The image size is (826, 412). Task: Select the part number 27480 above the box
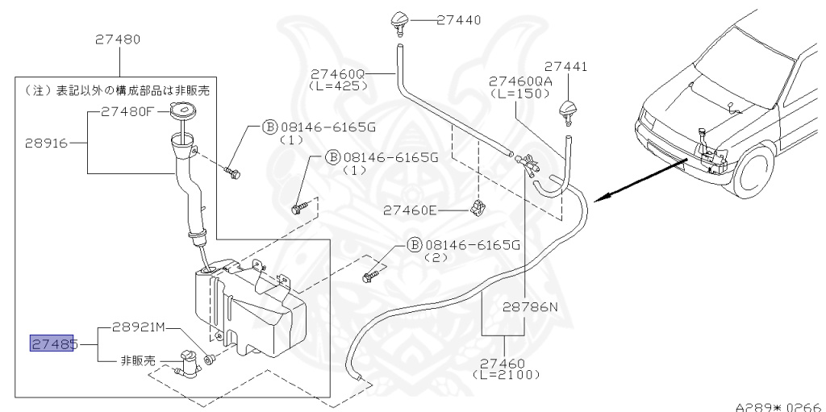pos(118,40)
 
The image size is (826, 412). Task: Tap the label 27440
pos(459,20)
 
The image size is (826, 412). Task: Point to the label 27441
pos(565,67)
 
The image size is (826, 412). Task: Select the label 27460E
pos(410,210)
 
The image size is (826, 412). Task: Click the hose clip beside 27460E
pos(478,208)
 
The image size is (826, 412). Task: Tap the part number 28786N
pos(529,306)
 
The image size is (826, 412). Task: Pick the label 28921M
pos(139,327)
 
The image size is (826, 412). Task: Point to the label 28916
pos(46,143)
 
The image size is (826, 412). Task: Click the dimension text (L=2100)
pos(507,375)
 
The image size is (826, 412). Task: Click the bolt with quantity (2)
pos(369,276)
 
